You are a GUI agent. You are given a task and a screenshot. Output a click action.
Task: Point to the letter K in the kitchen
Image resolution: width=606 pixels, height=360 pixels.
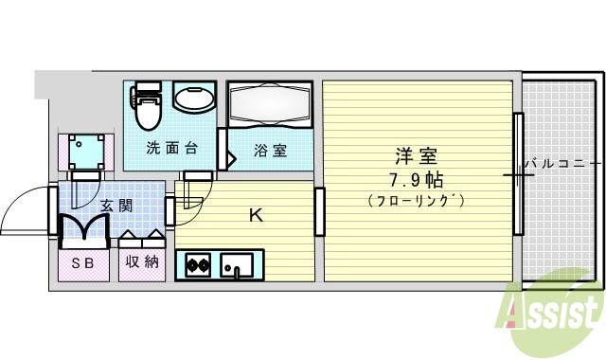click(255, 215)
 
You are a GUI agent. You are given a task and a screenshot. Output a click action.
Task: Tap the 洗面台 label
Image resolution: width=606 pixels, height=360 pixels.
click(170, 149)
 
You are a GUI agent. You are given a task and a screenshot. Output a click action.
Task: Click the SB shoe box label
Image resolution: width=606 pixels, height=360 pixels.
click(83, 262)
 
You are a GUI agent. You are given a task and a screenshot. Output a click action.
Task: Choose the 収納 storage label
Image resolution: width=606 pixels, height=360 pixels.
click(141, 262)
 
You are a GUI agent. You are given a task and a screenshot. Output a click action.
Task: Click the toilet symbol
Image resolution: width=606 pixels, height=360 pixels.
click(148, 107)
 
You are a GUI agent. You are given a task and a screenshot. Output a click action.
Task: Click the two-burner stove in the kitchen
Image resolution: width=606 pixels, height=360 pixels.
click(199, 265)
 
